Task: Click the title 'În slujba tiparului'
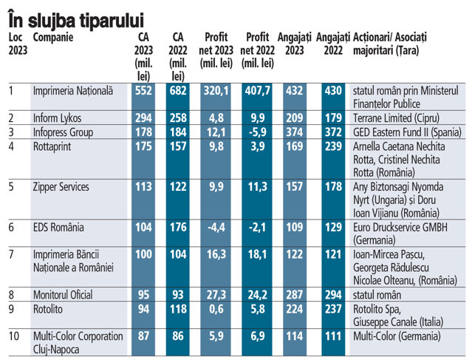76,20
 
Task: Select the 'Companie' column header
53,38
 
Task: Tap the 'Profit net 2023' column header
216,50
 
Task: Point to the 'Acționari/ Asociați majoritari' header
390,44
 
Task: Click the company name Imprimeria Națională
73,91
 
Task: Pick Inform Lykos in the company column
57,118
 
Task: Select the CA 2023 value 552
143,91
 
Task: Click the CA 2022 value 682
178,91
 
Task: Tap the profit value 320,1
216,91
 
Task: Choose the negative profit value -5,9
257,132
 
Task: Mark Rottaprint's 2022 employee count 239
333,146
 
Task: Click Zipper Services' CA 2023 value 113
143,187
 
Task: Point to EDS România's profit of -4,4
216,228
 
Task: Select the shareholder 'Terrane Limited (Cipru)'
396,118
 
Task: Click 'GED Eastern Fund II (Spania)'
407,132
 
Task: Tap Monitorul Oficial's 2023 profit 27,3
216,295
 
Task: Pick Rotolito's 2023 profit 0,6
216,310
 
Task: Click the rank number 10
14,336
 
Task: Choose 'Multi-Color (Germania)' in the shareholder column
397,336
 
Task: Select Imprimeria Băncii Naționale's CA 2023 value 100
143,254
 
